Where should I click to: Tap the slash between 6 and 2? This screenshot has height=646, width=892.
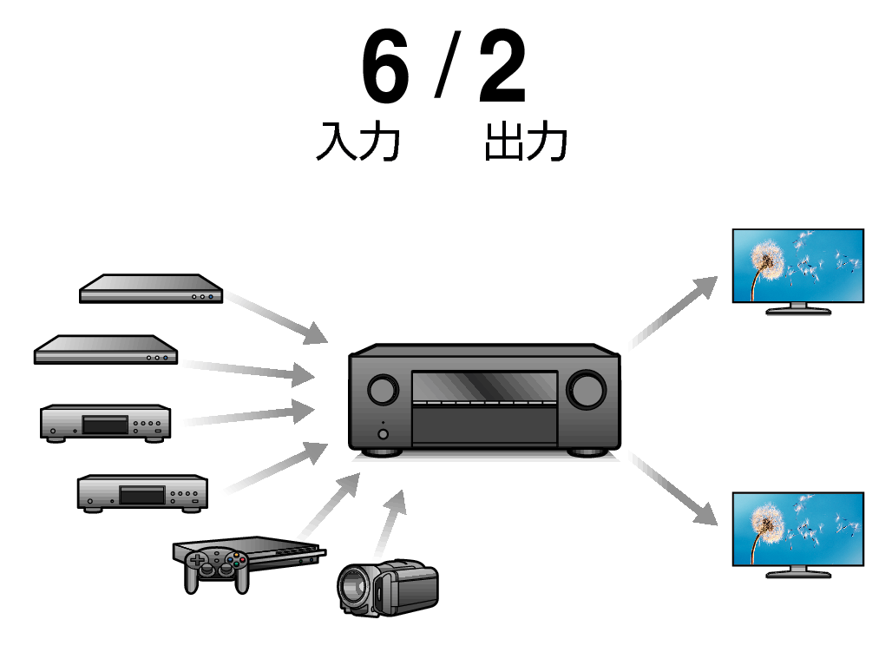[444, 69]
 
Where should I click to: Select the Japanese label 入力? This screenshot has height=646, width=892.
[357, 142]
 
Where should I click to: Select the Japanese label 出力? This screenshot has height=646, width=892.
[526, 142]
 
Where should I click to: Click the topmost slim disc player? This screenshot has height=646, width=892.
[151, 289]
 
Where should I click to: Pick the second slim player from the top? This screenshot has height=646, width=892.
[105, 350]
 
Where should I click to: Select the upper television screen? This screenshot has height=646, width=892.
[797, 266]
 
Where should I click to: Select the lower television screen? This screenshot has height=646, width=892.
[797, 529]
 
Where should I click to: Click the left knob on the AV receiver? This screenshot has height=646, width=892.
[382, 390]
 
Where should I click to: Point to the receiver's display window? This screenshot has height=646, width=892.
[483, 387]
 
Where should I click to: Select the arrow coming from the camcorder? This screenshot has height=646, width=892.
[390, 521]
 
